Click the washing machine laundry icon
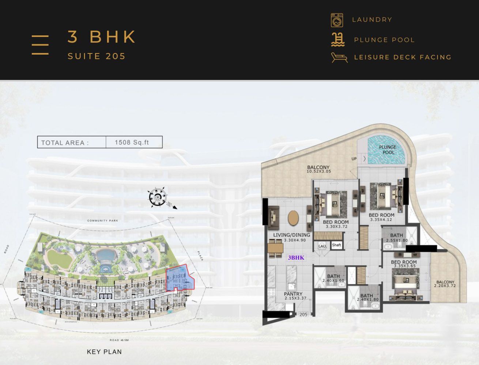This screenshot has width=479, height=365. pos(337,20)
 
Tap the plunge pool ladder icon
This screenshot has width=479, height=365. pos(338,39)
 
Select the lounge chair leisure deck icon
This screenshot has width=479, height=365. pos(339,57)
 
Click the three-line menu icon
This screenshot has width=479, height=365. pos(40,45)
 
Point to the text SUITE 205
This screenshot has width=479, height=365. pos(97,56)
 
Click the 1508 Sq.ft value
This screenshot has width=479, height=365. pos(132,142)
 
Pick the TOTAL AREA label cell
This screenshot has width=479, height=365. pos(65,143)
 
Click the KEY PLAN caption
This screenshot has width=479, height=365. pos(104,352)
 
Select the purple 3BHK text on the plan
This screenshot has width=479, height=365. pos(296,258)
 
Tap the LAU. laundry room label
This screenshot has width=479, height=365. pos(322,246)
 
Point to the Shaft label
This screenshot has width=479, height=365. pos(336,245)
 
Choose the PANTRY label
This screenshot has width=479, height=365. pos(293,294)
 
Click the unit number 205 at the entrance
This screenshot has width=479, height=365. pos(303,314)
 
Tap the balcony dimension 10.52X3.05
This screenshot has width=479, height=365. pos(318,172)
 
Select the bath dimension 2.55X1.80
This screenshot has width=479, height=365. pos(397,241)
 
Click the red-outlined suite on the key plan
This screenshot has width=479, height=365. pos(179,278)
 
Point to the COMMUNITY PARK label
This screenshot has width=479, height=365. pos(102,221)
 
